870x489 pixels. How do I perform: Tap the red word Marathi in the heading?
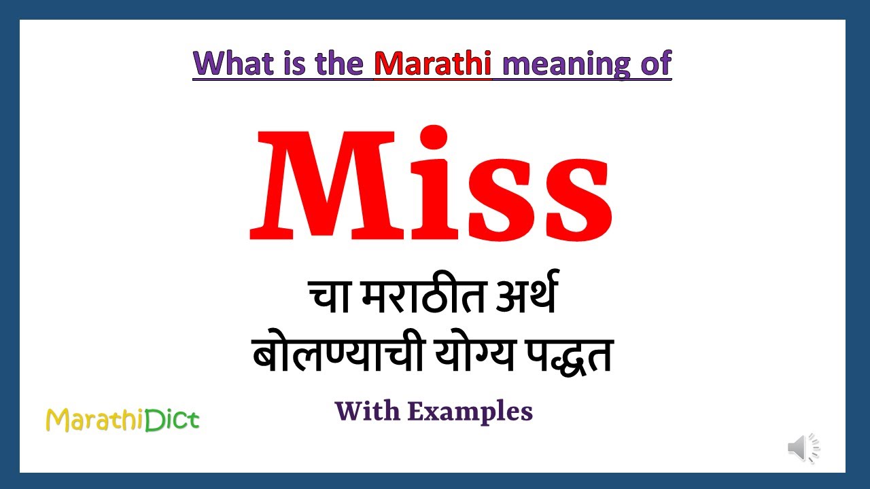(x=432, y=64)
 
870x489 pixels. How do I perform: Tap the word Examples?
(x=470, y=412)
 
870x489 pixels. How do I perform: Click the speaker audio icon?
(x=803, y=448)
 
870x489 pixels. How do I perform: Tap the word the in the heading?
(x=337, y=64)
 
